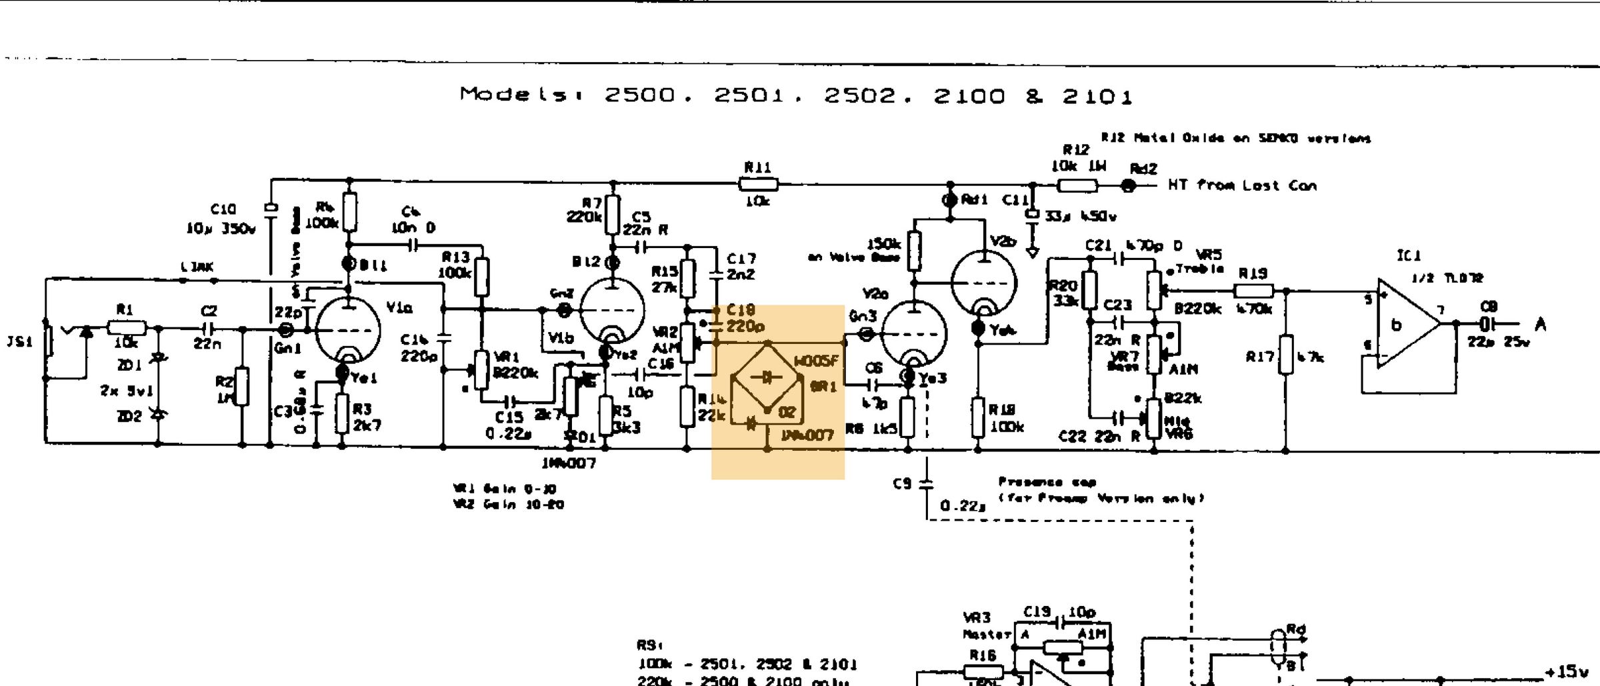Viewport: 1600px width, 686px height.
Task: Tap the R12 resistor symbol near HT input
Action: tap(1077, 185)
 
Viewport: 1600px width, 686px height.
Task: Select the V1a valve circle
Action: tap(347, 330)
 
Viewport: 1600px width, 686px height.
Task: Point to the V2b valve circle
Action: tap(984, 283)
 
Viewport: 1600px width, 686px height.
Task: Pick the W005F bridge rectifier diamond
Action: tap(767, 378)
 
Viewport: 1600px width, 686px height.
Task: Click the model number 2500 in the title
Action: tap(639, 95)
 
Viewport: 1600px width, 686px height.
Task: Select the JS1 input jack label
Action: tap(19, 342)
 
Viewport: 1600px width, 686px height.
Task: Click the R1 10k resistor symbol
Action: tap(126, 328)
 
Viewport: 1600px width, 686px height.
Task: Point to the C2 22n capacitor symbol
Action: tap(209, 329)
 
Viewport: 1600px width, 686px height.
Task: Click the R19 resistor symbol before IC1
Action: tap(1253, 291)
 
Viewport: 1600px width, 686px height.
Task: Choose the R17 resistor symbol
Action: tap(1286, 355)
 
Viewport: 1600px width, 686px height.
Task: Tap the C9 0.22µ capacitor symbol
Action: tap(927, 484)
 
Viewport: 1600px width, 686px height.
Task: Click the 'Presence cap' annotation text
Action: tap(1047, 481)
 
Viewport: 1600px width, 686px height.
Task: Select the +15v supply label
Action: tap(1567, 671)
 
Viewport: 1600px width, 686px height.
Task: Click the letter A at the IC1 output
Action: tap(1541, 325)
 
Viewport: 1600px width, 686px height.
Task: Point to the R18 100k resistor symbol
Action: tap(978, 417)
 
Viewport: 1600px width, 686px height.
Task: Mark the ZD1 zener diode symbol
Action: tap(158, 359)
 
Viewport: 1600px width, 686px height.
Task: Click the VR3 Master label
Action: tap(985, 625)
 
